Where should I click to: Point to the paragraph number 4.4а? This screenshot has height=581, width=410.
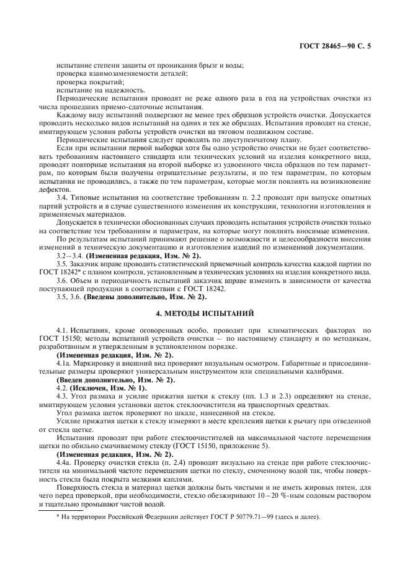pyautogui.click(x=65, y=457)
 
